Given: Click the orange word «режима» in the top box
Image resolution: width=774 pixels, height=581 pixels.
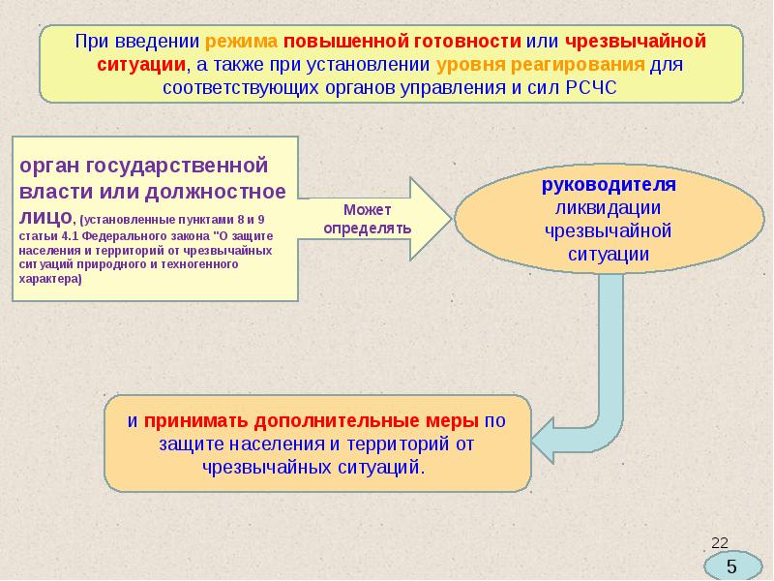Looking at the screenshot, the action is [241, 42].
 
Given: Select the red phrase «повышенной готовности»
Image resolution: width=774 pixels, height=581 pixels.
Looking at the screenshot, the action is [402, 42].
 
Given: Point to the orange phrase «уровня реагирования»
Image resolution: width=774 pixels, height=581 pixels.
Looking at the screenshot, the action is [541, 65].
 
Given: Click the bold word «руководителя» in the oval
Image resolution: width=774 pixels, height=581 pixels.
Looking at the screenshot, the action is [609, 185].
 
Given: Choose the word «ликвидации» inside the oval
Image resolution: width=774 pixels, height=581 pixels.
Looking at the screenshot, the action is [608, 208].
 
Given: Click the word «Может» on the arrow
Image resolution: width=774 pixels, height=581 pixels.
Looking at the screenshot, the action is [368, 210].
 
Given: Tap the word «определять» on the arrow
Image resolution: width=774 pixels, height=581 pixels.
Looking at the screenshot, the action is [368, 229].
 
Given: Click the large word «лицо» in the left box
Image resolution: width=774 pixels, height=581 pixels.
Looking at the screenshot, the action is [45, 217].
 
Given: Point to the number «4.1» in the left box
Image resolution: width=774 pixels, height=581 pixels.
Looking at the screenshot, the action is [72, 235].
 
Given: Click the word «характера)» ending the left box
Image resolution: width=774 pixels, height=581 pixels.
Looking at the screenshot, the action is [50, 279].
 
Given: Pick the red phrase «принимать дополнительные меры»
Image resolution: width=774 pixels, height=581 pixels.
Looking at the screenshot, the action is [311, 421].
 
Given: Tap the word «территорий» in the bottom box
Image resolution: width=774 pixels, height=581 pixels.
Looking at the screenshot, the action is [398, 444].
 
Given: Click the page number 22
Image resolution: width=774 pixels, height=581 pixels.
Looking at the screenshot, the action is [720, 543].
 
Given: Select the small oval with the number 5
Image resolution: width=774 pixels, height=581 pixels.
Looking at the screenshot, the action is [732, 566].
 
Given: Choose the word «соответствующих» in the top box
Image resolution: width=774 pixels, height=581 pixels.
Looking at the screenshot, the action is [241, 88].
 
